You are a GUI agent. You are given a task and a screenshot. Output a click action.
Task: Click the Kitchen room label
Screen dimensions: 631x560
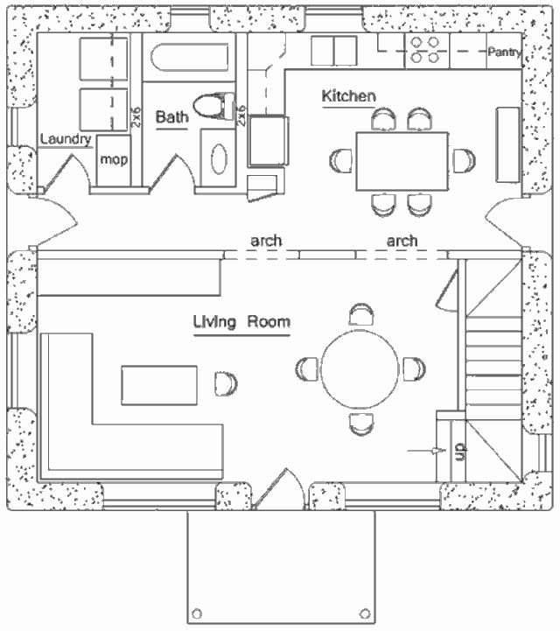[348, 95]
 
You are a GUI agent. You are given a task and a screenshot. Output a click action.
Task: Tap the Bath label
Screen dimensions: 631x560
[171, 117]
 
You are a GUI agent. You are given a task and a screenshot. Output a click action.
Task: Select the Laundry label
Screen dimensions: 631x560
[66, 139]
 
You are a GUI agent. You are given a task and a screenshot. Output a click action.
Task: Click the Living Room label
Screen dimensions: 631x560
[241, 322]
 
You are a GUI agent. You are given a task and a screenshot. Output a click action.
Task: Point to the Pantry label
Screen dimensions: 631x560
[505, 53]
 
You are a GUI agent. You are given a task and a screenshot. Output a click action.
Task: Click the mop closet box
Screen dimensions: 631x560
[115, 160]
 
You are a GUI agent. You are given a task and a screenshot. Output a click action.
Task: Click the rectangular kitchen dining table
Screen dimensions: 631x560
[402, 161]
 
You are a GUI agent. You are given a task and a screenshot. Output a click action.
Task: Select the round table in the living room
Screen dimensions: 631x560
[359, 368]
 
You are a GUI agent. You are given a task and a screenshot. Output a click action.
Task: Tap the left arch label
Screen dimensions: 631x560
[266, 240]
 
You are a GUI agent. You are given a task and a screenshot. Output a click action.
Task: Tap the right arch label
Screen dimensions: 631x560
[402, 240]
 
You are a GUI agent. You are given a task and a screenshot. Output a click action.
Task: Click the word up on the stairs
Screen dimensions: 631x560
[458, 452]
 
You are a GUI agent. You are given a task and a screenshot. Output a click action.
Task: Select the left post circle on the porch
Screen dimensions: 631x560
[197, 613]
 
